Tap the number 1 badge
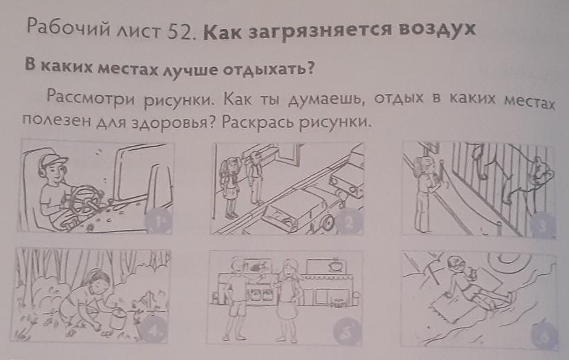coord(158,221)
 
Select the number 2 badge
coord(348,222)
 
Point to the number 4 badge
coord(154,328)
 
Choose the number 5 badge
coord(346,331)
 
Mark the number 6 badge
coord(544,335)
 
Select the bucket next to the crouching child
coord(118,318)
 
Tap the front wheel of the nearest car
coord(326,222)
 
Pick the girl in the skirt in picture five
coord(289,300)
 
